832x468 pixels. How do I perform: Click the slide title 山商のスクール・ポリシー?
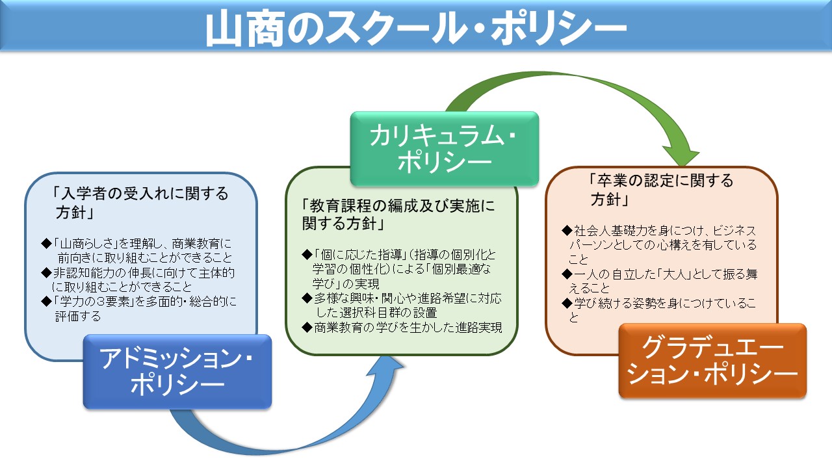click(416, 28)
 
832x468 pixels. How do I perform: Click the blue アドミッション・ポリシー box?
click(177, 372)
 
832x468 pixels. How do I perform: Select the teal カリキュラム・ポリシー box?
click(445, 149)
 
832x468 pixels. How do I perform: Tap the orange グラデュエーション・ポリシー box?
click(712, 361)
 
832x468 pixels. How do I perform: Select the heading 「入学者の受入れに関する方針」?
click(140, 203)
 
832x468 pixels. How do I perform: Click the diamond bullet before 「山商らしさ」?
click(46, 244)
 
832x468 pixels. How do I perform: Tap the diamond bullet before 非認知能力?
click(46, 272)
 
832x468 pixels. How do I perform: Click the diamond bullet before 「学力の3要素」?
click(46, 301)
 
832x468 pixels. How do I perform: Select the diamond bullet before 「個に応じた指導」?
click(307, 254)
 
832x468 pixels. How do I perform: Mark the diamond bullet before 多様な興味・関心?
click(307, 298)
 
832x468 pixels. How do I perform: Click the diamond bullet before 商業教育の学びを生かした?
click(307, 327)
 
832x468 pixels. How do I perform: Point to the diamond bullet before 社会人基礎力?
click(567, 230)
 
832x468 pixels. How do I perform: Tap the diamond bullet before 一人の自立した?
click(567, 274)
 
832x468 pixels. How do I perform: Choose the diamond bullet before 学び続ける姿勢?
click(567, 303)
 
